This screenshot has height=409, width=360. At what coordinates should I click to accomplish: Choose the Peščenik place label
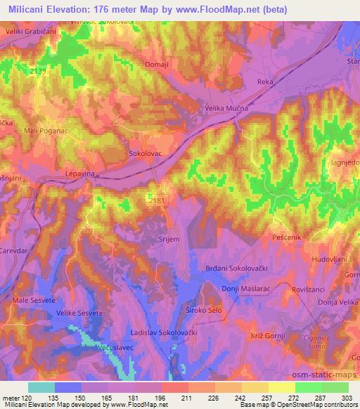287,238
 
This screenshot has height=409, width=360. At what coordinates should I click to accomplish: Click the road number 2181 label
158,200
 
